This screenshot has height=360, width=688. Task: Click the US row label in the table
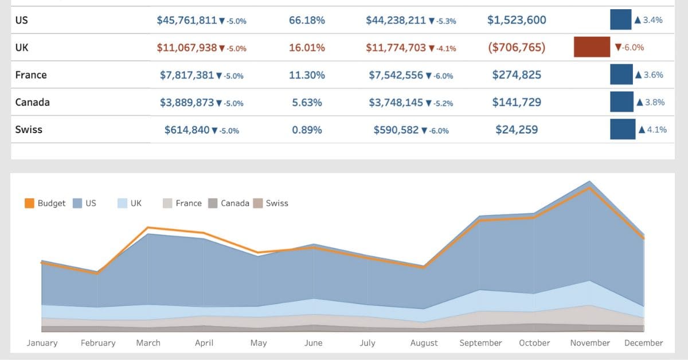(x=22, y=20)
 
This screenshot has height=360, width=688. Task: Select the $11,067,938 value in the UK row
(x=187, y=48)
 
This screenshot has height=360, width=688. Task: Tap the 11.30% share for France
(x=307, y=75)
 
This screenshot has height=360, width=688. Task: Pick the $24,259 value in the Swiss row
(x=517, y=130)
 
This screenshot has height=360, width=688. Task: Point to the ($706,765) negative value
(x=517, y=48)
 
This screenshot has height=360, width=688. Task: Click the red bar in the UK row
(x=592, y=48)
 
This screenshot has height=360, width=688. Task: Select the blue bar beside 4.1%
(x=623, y=130)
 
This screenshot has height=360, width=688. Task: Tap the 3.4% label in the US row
(x=652, y=20)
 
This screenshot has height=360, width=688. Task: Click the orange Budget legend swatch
(x=30, y=203)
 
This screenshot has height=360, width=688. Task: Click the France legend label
(x=189, y=203)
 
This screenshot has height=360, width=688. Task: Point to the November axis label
(x=590, y=343)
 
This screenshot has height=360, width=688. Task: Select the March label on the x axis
(x=148, y=343)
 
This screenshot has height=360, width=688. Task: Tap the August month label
(x=424, y=343)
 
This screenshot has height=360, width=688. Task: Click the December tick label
(x=643, y=343)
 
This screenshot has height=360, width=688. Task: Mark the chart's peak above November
(x=589, y=182)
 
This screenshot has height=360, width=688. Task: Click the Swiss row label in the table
(x=29, y=130)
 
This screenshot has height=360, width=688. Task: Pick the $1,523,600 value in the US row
(x=517, y=20)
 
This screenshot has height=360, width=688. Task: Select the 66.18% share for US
(x=307, y=20)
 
